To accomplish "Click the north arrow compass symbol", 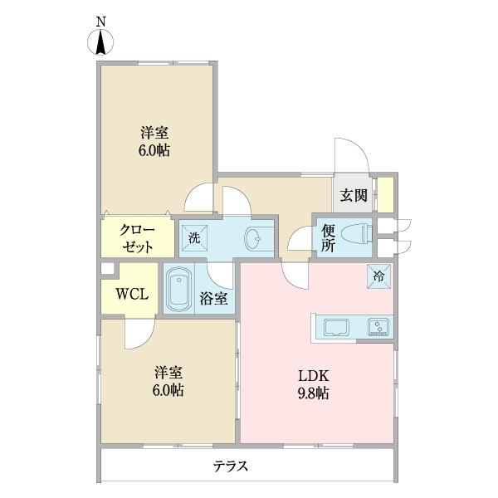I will pos(100,41).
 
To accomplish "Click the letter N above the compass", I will pos(100,18).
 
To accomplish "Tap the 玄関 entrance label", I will pos(354,196).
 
